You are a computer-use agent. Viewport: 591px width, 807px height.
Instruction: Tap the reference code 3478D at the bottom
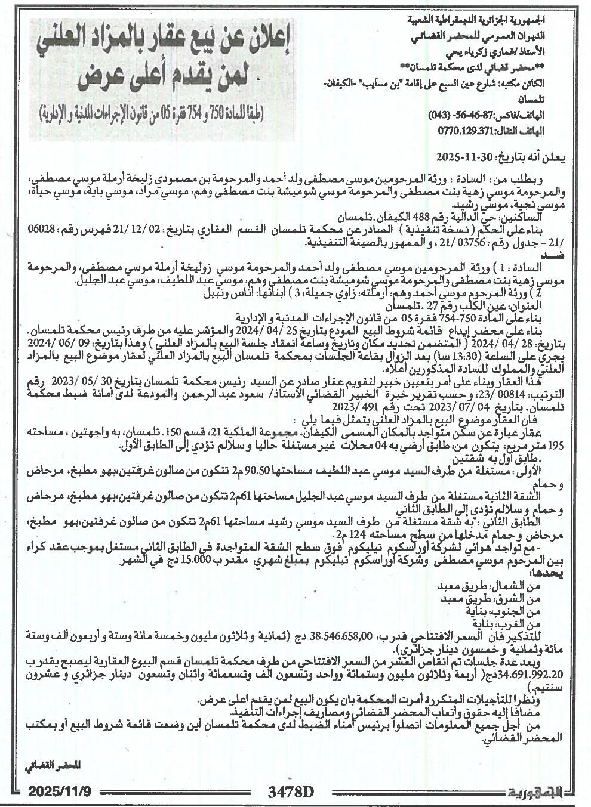click(x=291, y=791)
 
